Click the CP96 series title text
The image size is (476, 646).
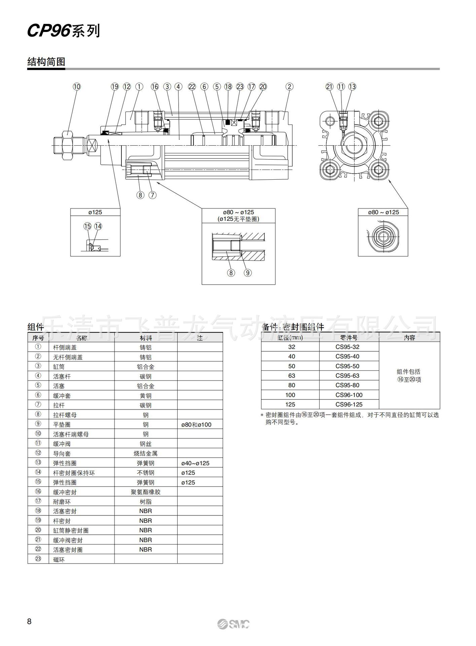(63, 31)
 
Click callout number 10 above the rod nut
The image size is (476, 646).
(77, 86)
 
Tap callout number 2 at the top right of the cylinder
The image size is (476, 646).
(289, 86)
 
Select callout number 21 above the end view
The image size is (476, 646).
(329, 86)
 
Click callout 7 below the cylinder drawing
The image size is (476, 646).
(152, 195)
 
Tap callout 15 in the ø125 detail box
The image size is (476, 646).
(87, 226)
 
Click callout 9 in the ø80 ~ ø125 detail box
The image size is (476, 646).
(248, 273)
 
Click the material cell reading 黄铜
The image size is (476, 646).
(146, 396)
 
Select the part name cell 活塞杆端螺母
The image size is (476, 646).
(71, 434)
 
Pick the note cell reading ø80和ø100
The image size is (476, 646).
(196, 425)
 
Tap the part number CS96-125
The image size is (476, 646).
(349, 404)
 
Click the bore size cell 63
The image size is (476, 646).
(291, 375)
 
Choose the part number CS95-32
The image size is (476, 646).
(347, 347)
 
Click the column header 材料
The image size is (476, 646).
(146, 338)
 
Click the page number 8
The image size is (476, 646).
(29, 621)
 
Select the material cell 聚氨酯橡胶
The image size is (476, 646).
(146, 492)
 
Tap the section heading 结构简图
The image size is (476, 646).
(46, 62)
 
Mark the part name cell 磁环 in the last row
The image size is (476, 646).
(59, 560)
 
